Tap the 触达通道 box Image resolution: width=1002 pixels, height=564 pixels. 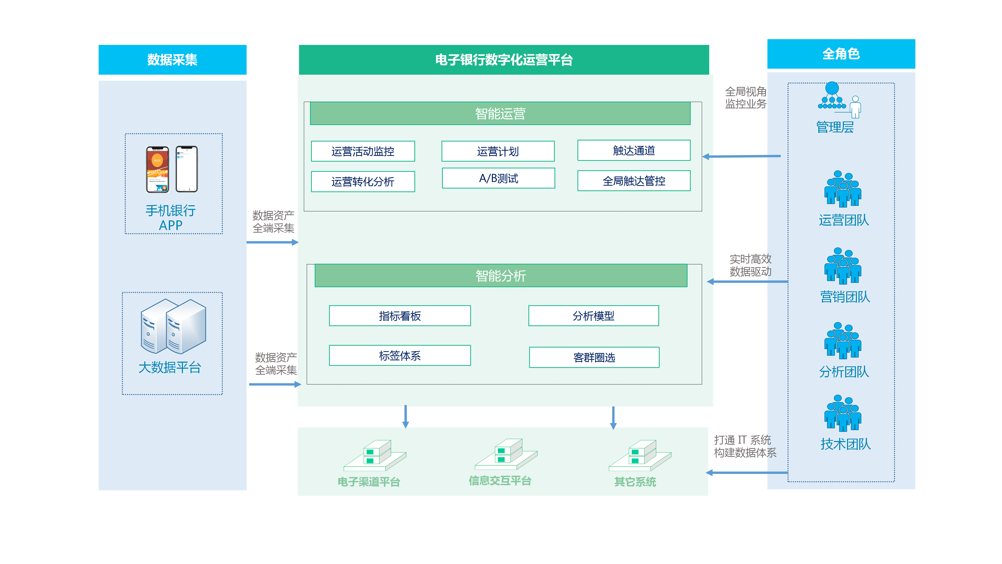coord(633,150)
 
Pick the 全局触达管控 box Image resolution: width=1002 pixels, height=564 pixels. coord(633,181)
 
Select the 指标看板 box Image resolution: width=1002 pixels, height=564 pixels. coord(399,316)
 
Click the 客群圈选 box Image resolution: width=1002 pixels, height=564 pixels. coord(594,357)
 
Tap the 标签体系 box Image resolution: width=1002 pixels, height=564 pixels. coord(399,355)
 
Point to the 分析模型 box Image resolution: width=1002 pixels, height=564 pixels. coord(593,316)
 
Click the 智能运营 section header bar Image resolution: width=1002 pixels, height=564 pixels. coord(500,114)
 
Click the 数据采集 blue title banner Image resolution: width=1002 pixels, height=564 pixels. coord(172,60)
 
